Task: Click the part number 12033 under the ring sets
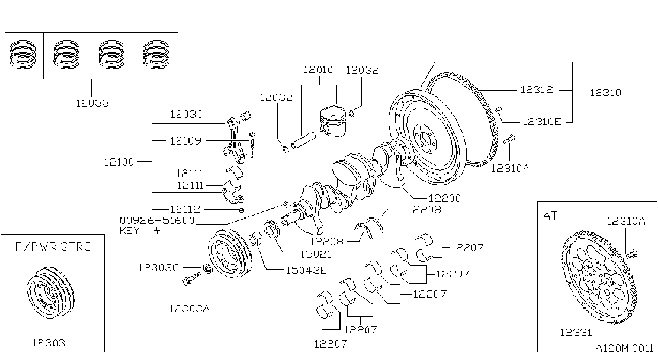click(93, 103)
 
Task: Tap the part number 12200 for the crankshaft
click(445, 199)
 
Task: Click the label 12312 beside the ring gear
click(536, 89)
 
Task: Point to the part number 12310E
click(542, 122)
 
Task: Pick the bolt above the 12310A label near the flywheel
click(509, 139)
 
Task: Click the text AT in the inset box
click(550, 216)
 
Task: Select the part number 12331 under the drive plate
click(576, 333)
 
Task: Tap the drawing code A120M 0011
click(624, 349)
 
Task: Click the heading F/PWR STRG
click(53, 246)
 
